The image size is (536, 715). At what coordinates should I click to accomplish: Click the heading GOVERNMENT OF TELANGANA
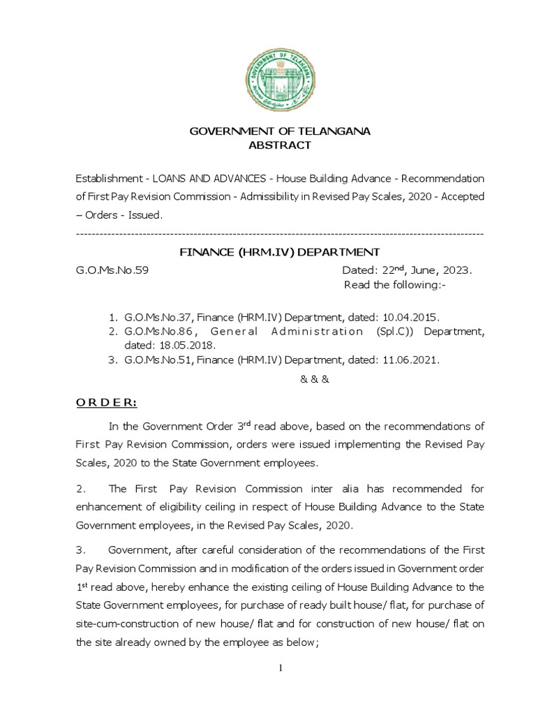pyautogui.click(x=281, y=132)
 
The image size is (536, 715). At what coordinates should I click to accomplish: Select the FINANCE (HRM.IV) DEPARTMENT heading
pyautogui.click(x=280, y=251)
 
